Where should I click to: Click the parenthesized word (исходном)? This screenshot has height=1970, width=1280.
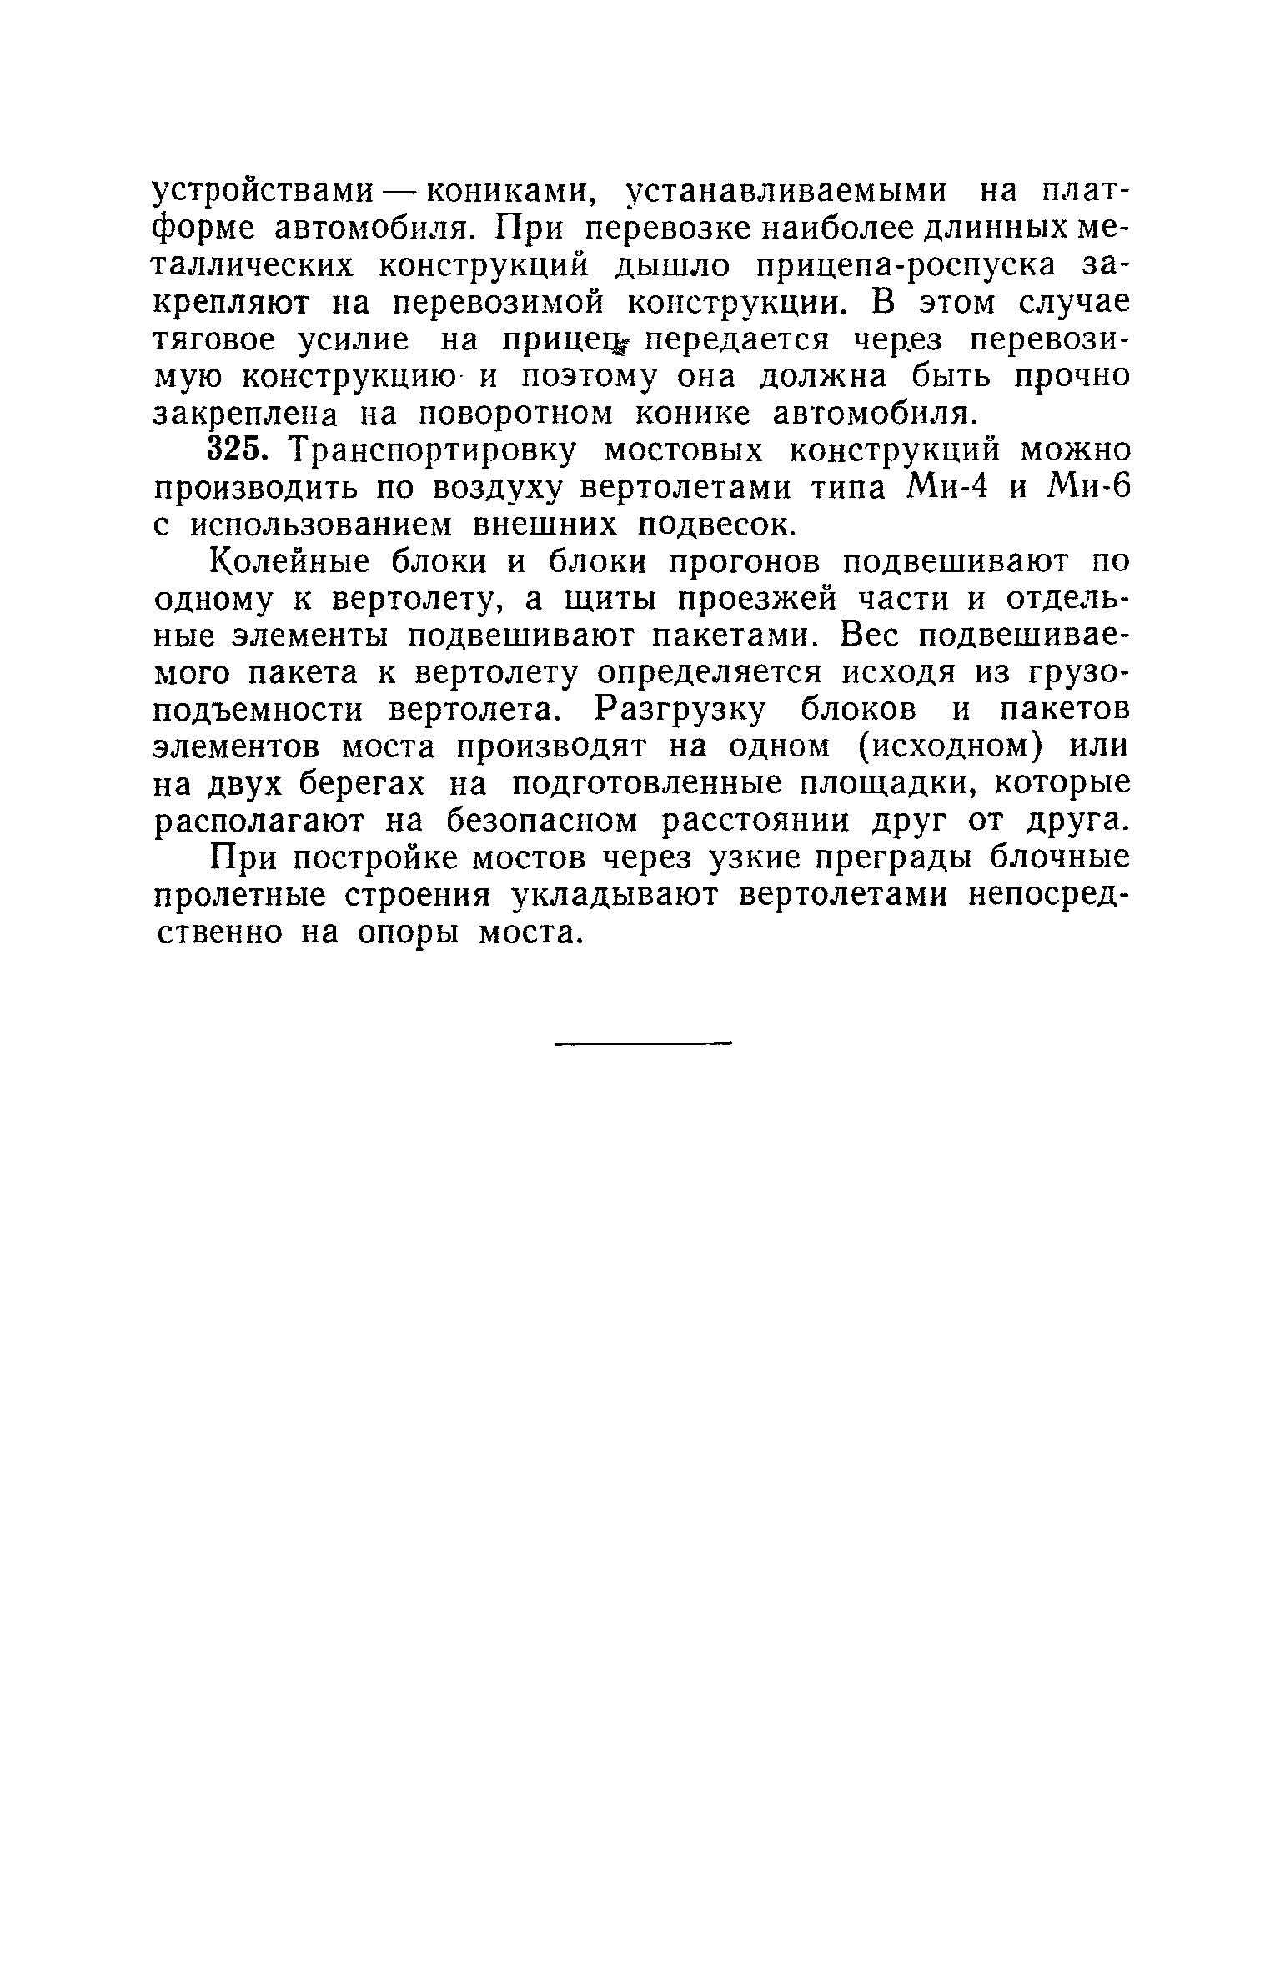[951, 747]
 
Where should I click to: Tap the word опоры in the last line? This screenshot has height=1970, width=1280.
[408, 932]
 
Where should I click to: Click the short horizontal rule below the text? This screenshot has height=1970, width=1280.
[640, 1043]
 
